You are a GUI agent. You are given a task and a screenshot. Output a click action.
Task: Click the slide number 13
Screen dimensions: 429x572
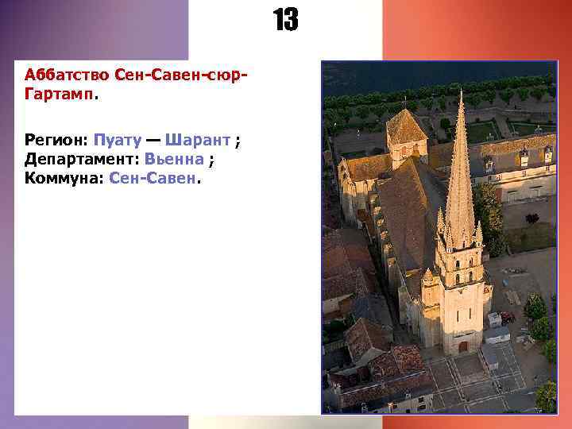tap(286, 21)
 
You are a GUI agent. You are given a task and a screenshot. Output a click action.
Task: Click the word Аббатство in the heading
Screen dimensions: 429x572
tap(67, 75)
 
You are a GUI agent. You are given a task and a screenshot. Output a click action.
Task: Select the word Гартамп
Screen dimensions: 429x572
tap(59, 95)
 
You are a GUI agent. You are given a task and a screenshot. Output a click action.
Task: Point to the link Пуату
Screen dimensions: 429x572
tap(118, 140)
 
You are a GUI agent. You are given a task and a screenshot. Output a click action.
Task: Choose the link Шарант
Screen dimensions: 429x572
tap(199, 140)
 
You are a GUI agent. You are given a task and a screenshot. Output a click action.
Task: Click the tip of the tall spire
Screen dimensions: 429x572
tap(461, 92)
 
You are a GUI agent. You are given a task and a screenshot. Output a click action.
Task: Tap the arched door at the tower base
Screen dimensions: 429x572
tap(463, 346)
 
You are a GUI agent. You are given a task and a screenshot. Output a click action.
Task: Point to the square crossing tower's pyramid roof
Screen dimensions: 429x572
tap(405, 127)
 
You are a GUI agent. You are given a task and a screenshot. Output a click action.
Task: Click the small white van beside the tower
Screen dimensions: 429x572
tap(496, 320)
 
